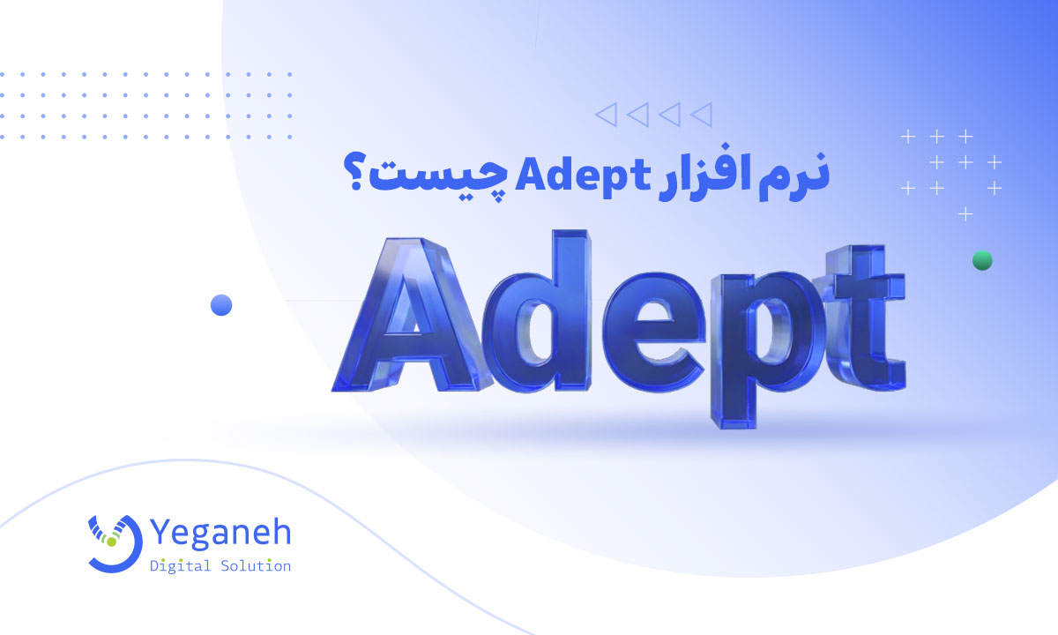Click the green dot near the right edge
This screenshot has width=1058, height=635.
(x=981, y=260)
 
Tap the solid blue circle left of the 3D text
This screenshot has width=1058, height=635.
(x=220, y=305)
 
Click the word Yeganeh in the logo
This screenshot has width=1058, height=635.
(x=221, y=533)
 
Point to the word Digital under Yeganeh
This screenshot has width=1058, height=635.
(x=180, y=565)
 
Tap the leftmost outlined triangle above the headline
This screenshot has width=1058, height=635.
(x=607, y=113)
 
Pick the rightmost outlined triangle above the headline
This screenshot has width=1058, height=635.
(x=702, y=113)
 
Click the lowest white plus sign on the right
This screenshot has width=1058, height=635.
(x=965, y=213)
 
